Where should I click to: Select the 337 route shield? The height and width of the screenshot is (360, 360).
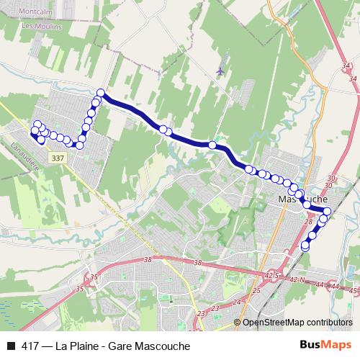tap(58, 157)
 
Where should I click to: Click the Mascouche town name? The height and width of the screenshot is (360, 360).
tap(303, 198)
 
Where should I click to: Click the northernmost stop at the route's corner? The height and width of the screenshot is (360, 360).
tap(101, 93)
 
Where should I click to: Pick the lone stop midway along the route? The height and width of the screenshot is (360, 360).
tap(212, 145)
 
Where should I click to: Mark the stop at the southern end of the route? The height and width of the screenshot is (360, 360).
tap(305, 246)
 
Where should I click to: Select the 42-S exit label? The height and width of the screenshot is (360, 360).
tap(271, 276)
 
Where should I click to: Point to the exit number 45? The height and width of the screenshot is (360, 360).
tap(352, 290)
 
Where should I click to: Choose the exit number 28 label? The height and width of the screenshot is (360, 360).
tap(310, 222)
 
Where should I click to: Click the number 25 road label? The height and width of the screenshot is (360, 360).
tap(256, 291)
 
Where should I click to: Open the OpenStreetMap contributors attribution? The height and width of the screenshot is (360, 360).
tap(297, 323)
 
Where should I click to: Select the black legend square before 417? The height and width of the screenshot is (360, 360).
tap(10, 346)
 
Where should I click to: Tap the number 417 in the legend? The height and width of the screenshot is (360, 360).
tap(30, 346)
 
